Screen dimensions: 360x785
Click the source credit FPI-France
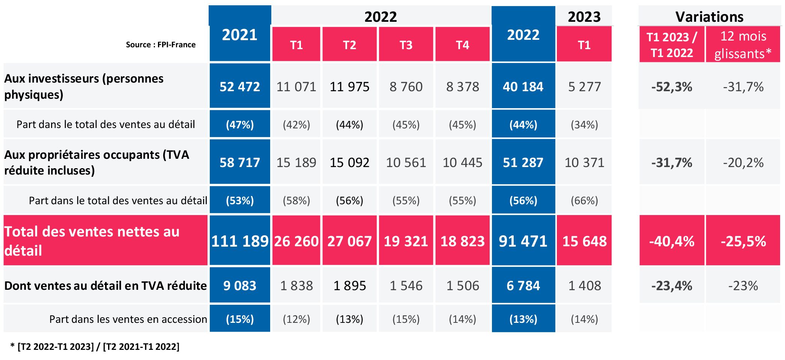(161, 45)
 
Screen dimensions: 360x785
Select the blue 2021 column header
(239, 35)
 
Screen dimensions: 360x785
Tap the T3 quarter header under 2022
(406, 45)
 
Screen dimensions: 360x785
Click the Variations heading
(709, 17)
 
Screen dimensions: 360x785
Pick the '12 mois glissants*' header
(743, 45)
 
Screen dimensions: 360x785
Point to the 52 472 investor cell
(239, 87)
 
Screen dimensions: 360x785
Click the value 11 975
(349, 87)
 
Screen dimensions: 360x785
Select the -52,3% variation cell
(672, 87)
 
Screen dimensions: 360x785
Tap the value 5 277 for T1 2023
(584, 87)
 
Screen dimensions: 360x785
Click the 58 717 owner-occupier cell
(239, 163)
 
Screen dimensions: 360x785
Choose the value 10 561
(406, 163)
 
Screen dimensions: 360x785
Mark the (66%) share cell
(584, 200)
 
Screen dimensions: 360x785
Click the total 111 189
(239, 241)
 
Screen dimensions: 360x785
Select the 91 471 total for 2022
(523, 241)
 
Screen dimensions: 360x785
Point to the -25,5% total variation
(743, 241)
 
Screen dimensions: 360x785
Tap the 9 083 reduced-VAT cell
(239, 286)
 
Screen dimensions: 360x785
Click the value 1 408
(584, 286)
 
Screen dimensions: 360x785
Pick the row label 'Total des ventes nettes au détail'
(92, 241)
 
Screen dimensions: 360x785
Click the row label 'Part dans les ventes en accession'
(128, 319)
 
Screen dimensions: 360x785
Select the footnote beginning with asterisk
(95, 346)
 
